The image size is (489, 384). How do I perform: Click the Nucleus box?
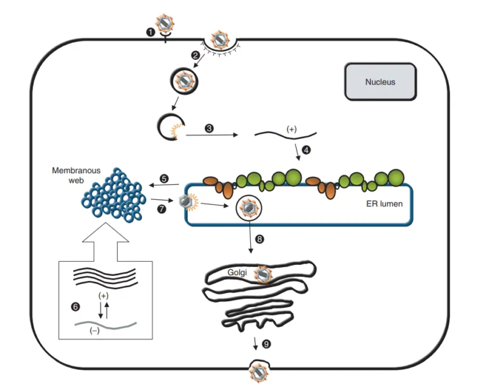[380, 82]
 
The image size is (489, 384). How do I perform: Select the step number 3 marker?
[209, 128]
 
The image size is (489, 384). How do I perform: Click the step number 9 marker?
[266, 344]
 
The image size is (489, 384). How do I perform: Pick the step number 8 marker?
[259, 239]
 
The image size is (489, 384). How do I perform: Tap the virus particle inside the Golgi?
[262, 274]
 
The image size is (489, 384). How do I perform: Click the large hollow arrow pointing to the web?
[104, 245]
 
